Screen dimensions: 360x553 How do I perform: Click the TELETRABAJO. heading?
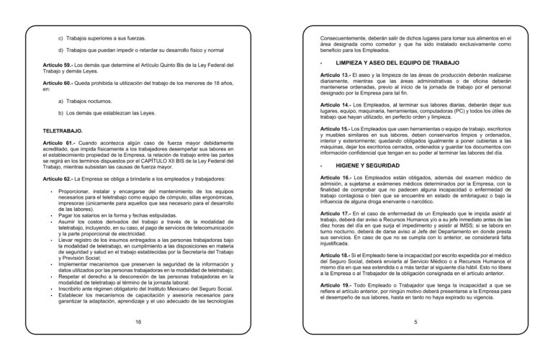pyautogui.click(x=63, y=130)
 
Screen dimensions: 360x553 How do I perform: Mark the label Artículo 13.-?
pyautogui.click(x=336, y=75)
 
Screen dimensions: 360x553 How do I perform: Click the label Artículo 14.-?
pyautogui.click(x=336, y=104)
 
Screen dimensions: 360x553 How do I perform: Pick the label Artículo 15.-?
pyautogui.click(x=336, y=128)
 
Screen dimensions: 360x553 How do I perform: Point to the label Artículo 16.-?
pyautogui.click(x=336, y=177)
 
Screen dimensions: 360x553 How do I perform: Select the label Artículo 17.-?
pyautogui.click(x=336, y=213)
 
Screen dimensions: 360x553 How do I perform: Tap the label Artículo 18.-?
pyautogui.click(x=336, y=255)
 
